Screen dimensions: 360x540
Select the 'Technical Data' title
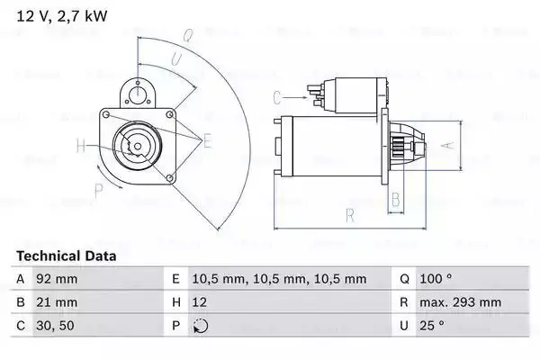pos(67,256)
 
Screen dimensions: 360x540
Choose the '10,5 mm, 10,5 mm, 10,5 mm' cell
pos(268,280)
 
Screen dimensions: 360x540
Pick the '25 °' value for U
pos(434,327)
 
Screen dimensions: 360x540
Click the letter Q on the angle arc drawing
pos(188,37)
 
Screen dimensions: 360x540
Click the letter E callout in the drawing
pos(207,139)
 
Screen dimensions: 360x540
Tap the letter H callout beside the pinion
pos(81,145)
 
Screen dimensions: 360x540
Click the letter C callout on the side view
pos(278,97)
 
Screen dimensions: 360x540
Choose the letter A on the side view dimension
pos(443,145)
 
